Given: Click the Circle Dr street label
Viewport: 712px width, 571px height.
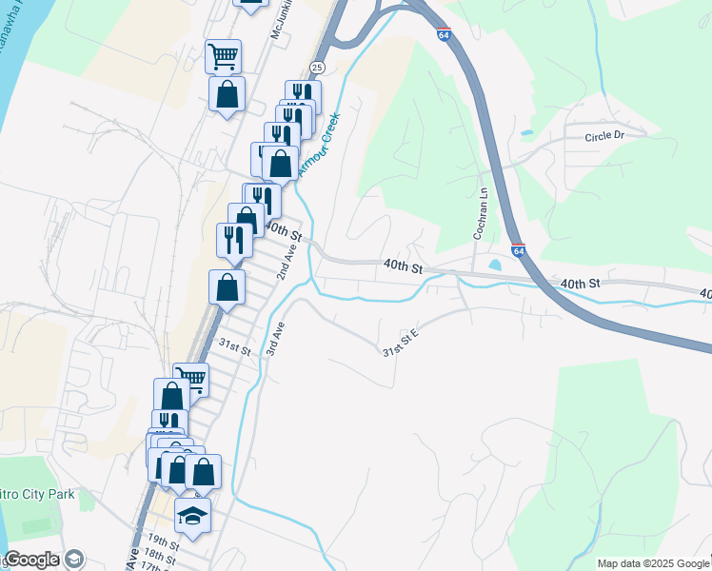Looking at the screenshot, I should point(604,135).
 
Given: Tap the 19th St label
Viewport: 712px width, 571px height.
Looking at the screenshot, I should point(164,542).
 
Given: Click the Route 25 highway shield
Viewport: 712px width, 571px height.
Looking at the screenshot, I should point(318,66).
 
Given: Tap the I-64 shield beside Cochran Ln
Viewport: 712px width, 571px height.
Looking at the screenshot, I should point(517,251).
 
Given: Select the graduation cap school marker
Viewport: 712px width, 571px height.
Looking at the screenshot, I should point(193,516).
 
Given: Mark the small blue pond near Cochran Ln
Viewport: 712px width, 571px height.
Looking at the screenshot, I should point(493,265).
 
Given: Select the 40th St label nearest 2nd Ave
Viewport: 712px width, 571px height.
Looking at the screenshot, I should point(283,231).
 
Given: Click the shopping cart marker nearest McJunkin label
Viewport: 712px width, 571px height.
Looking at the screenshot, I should point(223,56).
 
